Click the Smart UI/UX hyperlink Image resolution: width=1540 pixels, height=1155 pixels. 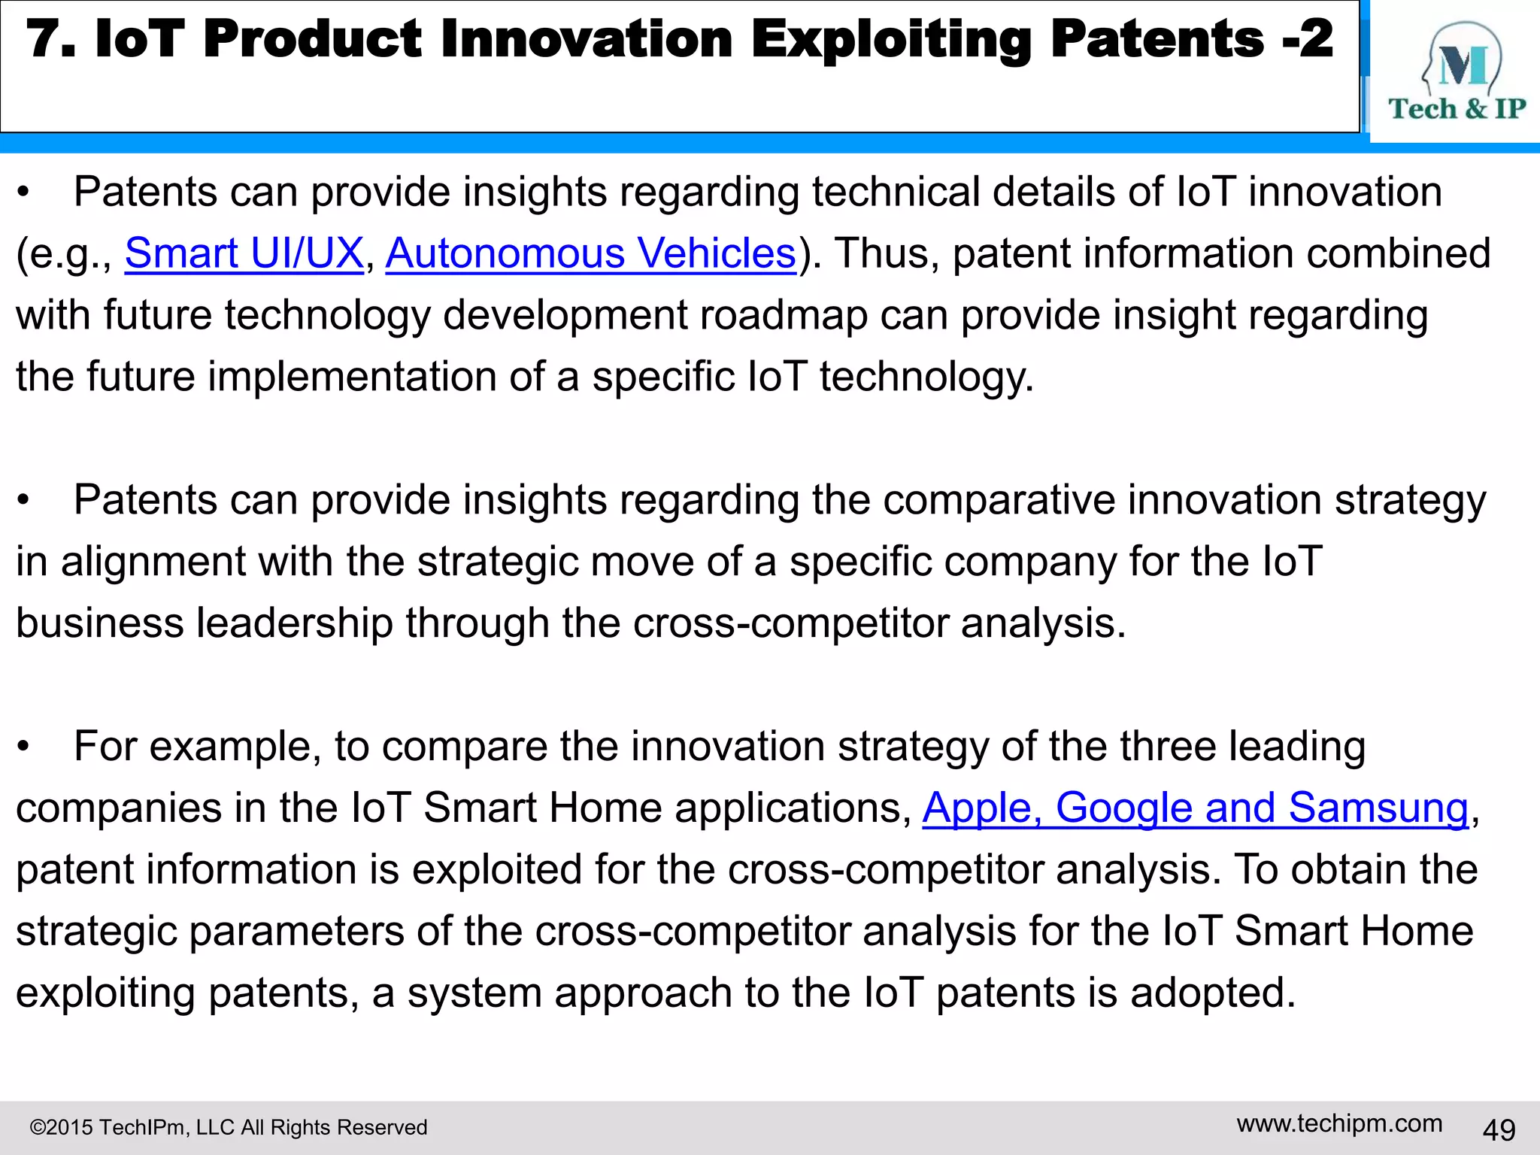click(244, 253)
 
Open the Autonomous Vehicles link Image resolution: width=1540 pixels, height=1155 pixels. click(590, 253)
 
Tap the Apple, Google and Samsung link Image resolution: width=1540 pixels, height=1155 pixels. click(1195, 808)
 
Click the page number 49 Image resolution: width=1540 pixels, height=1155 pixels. click(1499, 1129)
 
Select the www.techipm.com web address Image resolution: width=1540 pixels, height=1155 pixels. click(1339, 1123)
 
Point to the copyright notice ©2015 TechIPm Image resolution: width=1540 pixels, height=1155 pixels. click(228, 1127)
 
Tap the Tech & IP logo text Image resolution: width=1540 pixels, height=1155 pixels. click(1457, 109)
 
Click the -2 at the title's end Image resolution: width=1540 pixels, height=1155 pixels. click(1308, 39)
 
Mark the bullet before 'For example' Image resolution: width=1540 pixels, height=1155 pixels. click(25, 747)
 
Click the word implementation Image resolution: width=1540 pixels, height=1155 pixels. click(352, 377)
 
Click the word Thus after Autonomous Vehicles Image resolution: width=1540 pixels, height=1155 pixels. click(887, 253)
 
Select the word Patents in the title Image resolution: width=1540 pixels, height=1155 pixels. click(1157, 39)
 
